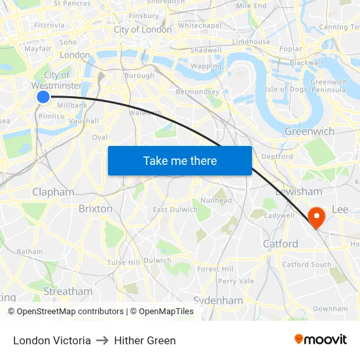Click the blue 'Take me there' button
click(x=179, y=160)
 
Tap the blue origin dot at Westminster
click(x=43, y=97)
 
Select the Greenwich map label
click(x=309, y=131)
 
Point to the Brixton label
click(x=95, y=208)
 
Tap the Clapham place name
click(x=53, y=192)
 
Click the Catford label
click(x=280, y=243)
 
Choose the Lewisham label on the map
click(x=298, y=191)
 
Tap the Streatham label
click(x=68, y=291)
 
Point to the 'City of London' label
click(x=143, y=29)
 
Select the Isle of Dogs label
click(x=286, y=89)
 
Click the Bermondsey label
click(x=198, y=92)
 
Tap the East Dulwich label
click(x=175, y=209)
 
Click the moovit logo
click(x=320, y=339)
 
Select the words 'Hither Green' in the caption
click(x=145, y=340)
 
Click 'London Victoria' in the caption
click(x=52, y=340)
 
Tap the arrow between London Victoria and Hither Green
click(x=102, y=340)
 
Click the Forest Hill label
click(x=215, y=268)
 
